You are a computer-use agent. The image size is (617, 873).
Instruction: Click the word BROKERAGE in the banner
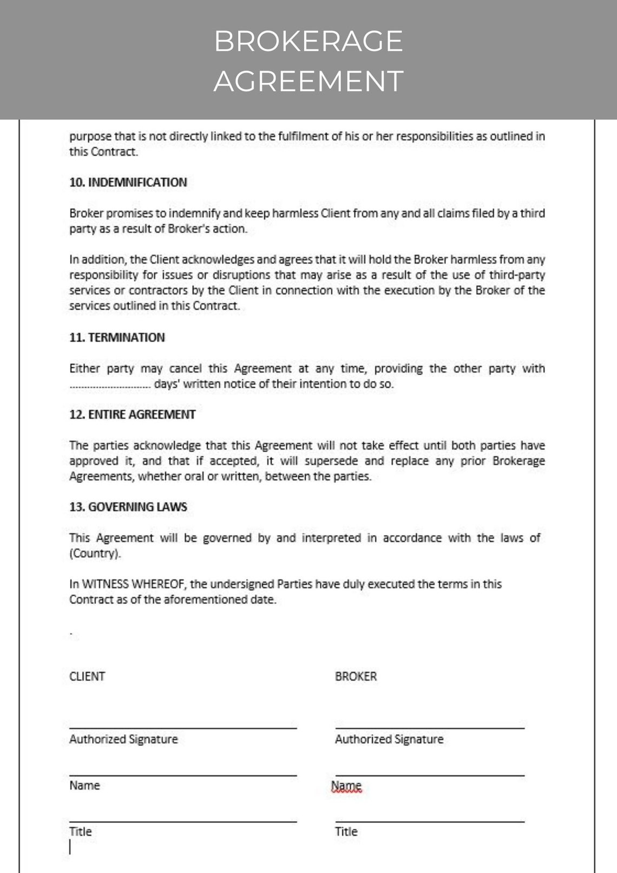[308, 41]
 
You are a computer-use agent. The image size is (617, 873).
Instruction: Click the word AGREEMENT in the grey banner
[308, 81]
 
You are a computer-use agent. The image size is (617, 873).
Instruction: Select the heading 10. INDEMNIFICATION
[128, 183]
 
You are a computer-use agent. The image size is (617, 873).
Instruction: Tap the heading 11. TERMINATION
[117, 337]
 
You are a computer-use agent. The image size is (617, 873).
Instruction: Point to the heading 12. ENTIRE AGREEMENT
[133, 414]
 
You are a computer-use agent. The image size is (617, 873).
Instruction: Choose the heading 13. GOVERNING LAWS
[128, 507]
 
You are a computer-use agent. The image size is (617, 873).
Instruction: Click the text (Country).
[95, 553]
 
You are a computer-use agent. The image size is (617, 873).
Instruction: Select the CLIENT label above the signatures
[87, 676]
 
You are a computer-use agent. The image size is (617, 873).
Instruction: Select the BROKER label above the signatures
[356, 676]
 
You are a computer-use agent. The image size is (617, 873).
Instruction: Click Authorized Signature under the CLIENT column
[123, 739]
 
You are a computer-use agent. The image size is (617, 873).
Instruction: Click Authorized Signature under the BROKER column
[389, 739]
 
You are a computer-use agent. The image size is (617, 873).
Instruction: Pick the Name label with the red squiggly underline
[346, 786]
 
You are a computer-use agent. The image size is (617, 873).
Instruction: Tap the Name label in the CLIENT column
[84, 785]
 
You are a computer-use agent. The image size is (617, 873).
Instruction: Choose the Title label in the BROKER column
[346, 832]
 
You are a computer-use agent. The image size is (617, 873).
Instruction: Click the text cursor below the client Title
[70, 848]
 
